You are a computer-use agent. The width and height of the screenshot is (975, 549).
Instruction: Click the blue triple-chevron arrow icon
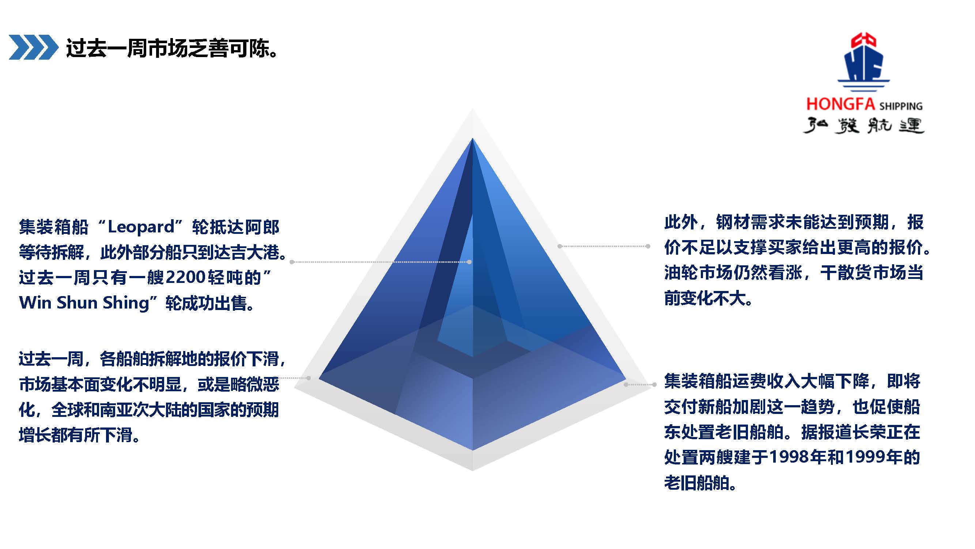[33, 47]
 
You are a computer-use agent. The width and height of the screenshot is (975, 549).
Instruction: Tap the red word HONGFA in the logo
[840, 104]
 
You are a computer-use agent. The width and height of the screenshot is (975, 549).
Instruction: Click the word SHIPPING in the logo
[901, 106]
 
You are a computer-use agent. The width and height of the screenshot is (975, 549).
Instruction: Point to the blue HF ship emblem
[864, 63]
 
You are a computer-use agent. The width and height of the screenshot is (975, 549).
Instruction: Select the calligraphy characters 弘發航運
[864, 126]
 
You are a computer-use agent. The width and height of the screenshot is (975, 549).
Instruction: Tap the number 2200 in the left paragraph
[185, 277]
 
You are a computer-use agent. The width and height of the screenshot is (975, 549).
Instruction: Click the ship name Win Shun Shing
[84, 303]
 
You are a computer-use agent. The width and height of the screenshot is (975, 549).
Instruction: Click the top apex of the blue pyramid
[472, 139]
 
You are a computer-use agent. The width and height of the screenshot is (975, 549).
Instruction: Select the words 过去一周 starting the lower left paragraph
[51, 359]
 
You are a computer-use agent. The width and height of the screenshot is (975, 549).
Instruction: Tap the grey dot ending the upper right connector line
[648, 246]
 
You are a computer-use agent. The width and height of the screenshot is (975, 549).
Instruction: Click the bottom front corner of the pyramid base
[472, 450]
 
